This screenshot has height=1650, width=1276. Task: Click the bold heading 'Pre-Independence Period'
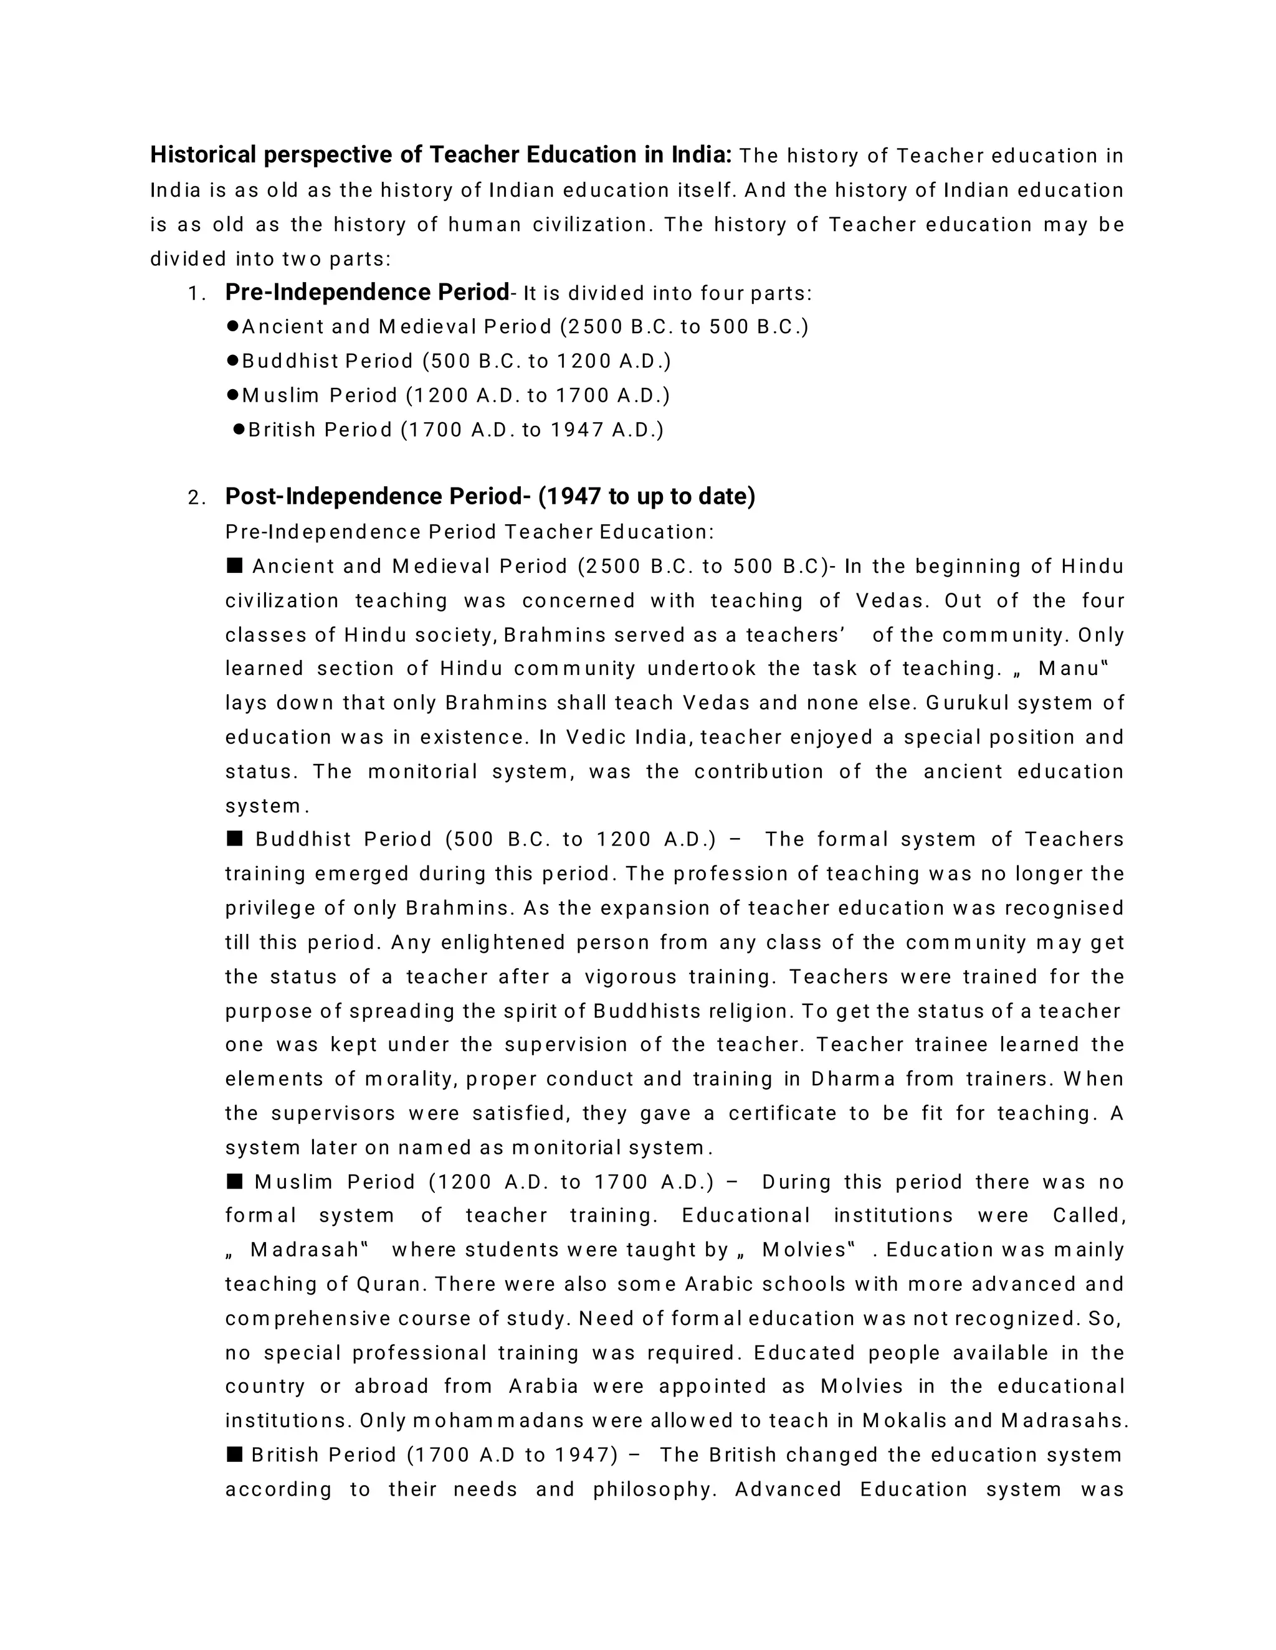(368, 293)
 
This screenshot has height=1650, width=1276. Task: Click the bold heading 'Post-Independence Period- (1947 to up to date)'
(490, 496)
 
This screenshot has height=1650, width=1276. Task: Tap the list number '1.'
(196, 294)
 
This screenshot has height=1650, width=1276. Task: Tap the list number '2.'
(196, 498)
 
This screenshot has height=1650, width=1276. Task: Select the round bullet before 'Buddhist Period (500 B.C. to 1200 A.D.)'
(233, 361)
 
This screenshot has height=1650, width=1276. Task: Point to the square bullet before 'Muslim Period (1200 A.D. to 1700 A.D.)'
(234, 1181)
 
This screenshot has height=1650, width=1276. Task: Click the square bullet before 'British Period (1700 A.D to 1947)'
(234, 1454)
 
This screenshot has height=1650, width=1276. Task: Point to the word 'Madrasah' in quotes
(304, 1250)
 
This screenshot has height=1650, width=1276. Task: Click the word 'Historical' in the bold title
(203, 155)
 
